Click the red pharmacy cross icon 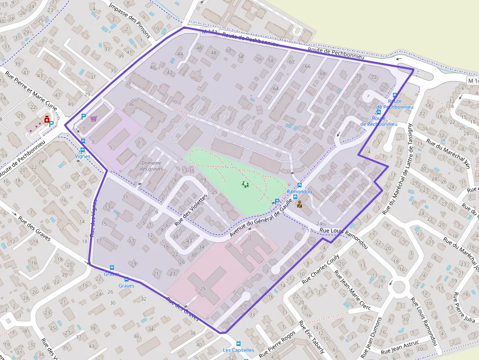point(47,119)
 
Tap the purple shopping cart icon point(93,118)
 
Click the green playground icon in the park point(245,184)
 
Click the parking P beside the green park point(277,201)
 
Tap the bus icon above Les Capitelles point(239,344)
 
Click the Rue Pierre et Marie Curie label point(31,91)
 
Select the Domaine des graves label point(152,166)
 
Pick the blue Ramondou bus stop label point(300,191)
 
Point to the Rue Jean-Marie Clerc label point(351,289)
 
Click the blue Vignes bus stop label point(83,156)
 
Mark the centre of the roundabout point(399,287)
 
